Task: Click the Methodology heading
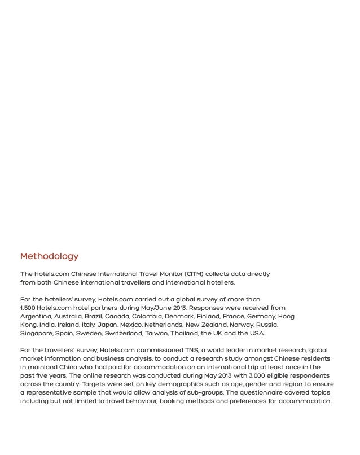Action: [x=49, y=257]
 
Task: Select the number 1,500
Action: [x=29, y=308]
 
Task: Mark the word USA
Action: [x=257, y=334]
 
